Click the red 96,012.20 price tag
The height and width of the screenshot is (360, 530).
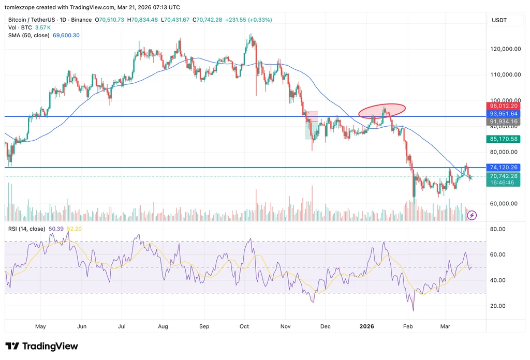503,106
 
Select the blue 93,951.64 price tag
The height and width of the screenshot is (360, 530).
503,114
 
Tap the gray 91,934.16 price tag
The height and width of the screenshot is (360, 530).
503,122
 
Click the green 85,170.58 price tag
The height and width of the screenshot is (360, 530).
503,139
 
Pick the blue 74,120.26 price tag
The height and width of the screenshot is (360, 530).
503,168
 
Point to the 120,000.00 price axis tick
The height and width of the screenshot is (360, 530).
505,49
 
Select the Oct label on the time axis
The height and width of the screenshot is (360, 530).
244,326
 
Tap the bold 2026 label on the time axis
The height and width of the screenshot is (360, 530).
367,326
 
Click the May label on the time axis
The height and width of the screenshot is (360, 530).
40,326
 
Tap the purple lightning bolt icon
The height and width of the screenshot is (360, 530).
472,215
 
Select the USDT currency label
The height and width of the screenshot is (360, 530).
499,20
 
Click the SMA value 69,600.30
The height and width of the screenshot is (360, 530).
66,36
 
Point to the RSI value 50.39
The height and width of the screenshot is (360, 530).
56,229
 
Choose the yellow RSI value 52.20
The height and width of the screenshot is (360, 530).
75,229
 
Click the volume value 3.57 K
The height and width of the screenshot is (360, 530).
43,28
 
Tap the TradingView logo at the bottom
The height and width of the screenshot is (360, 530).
41,347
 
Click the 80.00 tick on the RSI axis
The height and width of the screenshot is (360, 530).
498,229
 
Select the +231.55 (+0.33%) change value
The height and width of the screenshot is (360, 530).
248,20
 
